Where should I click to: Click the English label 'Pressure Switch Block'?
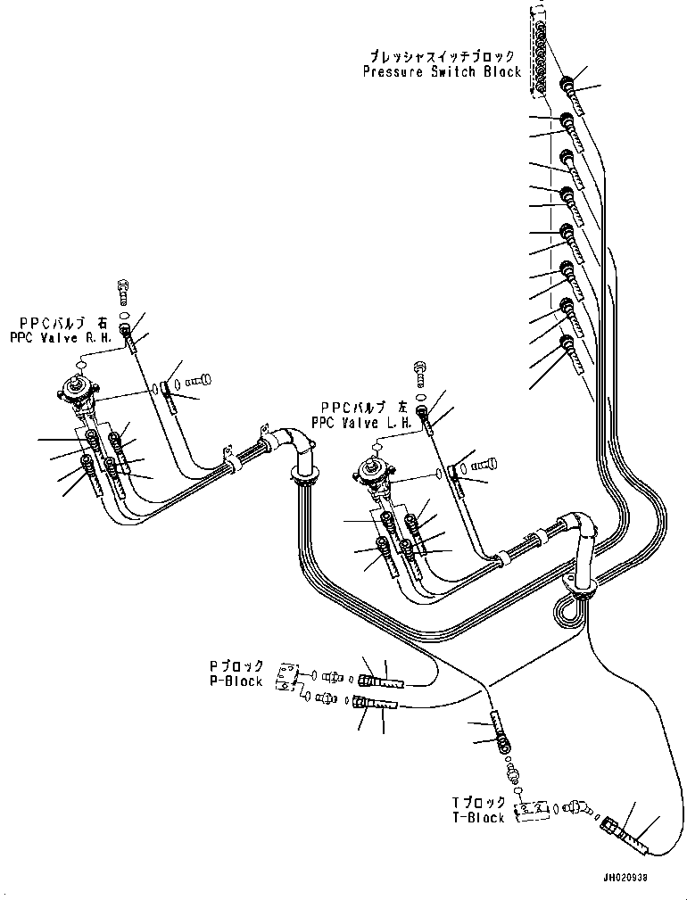tap(442, 72)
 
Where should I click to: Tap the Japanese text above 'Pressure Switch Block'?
tap(442, 56)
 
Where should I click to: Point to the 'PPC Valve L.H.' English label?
tap(362, 423)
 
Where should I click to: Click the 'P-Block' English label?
tap(236, 681)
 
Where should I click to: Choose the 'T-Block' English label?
tap(478, 817)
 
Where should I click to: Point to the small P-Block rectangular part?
tap(287, 677)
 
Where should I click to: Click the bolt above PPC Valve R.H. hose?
tap(123, 292)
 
